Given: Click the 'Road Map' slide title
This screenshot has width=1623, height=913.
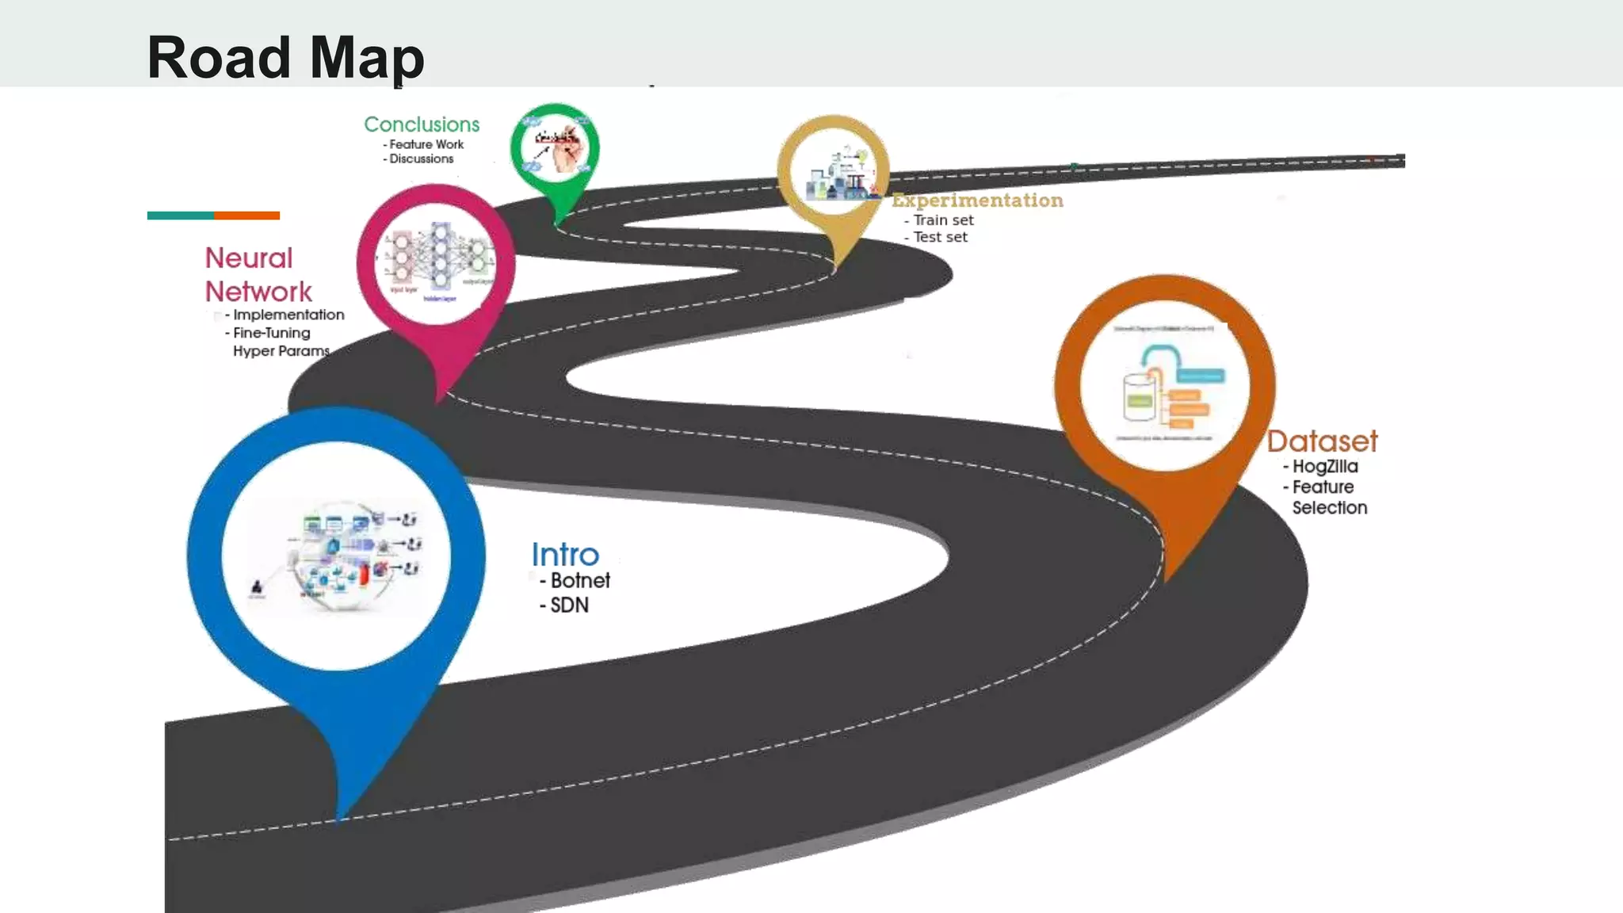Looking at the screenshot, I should [285, 57].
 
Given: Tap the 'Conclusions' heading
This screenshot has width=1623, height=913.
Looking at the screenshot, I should [422, 124].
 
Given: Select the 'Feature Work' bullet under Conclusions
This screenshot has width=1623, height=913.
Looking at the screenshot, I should [426, 144].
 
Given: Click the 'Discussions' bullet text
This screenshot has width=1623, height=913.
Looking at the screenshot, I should [422, 159].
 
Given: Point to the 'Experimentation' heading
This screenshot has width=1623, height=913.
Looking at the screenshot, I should [977, 201].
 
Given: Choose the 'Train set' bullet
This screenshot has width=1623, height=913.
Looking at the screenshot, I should [943, 220].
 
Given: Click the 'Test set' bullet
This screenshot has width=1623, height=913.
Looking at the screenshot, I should [940, 237].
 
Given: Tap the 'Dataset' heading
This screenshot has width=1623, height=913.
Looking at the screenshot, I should [1322, 441].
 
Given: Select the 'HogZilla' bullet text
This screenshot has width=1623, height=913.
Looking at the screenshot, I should [1325, 467].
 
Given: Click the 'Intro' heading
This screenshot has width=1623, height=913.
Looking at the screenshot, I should [565, 555].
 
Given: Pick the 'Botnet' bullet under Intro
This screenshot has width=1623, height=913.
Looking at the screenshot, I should [580, 581].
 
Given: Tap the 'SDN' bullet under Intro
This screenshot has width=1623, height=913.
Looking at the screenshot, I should [569, 605].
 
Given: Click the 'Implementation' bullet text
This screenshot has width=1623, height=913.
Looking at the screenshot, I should [288, 315].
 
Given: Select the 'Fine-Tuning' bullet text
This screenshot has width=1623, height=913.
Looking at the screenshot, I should [271, 333].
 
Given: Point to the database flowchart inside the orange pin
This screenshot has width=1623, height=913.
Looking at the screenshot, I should [1166, 384].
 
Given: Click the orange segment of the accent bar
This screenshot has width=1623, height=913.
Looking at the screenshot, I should [246, 216].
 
